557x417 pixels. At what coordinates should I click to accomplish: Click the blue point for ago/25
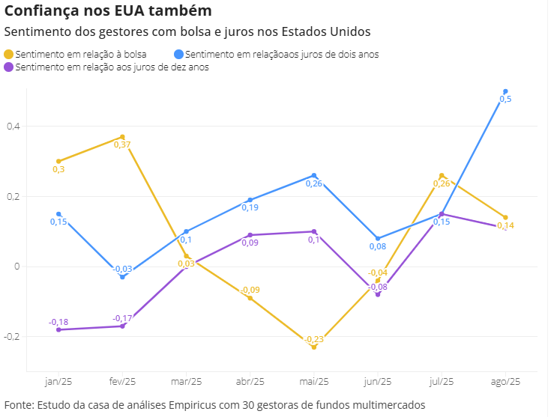505,91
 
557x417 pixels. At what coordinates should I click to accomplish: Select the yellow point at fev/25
122,137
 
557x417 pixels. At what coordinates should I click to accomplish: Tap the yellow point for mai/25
314,347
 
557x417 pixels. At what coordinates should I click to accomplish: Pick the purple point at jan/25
58,329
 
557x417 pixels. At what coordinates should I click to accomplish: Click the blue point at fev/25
122,277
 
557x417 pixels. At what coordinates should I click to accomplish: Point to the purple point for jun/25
378,294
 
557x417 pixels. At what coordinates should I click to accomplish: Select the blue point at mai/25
314,175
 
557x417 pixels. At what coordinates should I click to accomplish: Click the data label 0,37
122,145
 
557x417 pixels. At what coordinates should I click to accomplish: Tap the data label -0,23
314,339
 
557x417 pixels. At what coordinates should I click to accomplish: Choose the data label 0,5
505,100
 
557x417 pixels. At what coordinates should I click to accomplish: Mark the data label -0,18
58,322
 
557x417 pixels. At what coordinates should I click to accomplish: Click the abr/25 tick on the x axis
250,381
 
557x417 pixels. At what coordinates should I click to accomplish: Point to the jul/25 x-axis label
442,381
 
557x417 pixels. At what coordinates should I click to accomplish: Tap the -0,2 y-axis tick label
10,337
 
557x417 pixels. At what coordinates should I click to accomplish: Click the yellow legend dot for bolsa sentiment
8,55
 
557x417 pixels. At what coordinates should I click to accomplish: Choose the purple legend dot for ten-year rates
8,67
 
